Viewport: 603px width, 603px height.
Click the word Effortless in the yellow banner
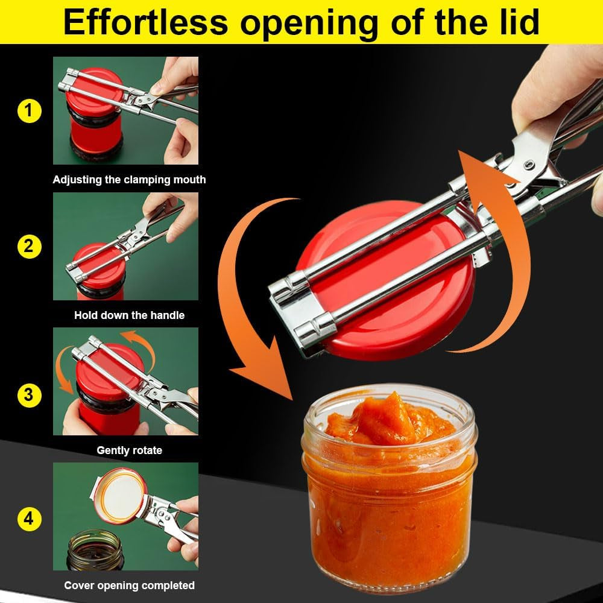(x=145, y=22)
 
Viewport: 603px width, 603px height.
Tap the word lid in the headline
(x=513, y=22)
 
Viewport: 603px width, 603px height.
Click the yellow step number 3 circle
(x=29, y=396)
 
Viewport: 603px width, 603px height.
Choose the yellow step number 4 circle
(x=29, y=519)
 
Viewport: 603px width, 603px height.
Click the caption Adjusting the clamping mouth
(x=129, y=180)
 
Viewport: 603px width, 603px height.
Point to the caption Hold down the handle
(x=129, y=315)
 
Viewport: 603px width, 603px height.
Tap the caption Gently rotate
(x=129, y=450)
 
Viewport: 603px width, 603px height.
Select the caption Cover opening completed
(x=129, y=585)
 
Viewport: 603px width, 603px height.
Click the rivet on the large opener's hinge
(x=528, y=165)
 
